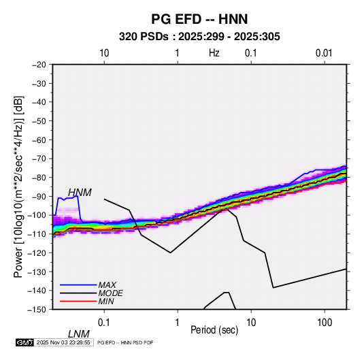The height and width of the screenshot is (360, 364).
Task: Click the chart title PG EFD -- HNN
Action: tap(199, 19)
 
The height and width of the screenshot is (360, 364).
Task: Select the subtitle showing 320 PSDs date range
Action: tap(199, 37)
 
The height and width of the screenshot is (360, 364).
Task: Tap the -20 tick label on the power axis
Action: tap(39, 65)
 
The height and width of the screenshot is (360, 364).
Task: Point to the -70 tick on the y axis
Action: tap(39, 159)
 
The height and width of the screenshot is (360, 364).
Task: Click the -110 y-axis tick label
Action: tap(37, 234)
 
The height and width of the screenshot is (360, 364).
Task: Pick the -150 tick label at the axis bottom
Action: tap(37, 310)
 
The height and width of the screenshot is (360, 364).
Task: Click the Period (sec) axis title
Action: tap(214, 330)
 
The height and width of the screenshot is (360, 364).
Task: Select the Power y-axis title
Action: tap(18, 187)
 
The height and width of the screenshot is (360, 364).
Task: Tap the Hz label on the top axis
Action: tap(214, 53)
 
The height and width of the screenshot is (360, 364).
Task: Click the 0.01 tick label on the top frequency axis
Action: tap(324, 53)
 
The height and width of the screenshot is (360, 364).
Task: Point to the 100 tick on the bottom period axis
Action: tap(325, 323)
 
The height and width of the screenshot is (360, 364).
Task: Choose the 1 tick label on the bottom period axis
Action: tap(178, 323)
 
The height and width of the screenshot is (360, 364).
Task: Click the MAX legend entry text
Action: tap(107, 284)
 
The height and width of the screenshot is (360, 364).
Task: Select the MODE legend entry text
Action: tap(110, 293)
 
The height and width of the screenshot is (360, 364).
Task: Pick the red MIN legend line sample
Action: tap(78, 301)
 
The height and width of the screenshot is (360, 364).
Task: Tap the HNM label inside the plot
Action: tap(80, 193)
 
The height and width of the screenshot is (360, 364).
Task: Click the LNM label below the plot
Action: tap(79, 334)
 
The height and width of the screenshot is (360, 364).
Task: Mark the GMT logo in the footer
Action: tap(24, 342)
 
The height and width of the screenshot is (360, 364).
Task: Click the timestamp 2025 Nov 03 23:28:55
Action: tap(63, 342)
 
